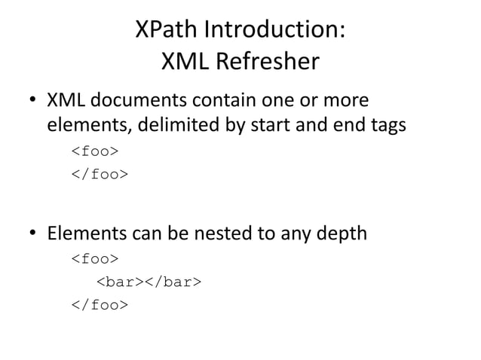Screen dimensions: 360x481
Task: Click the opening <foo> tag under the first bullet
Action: point(94,153)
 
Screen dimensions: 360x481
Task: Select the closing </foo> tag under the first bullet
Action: point(99,175)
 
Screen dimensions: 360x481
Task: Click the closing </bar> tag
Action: point(173,283)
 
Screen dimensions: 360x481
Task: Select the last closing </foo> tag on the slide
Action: point(99,306)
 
